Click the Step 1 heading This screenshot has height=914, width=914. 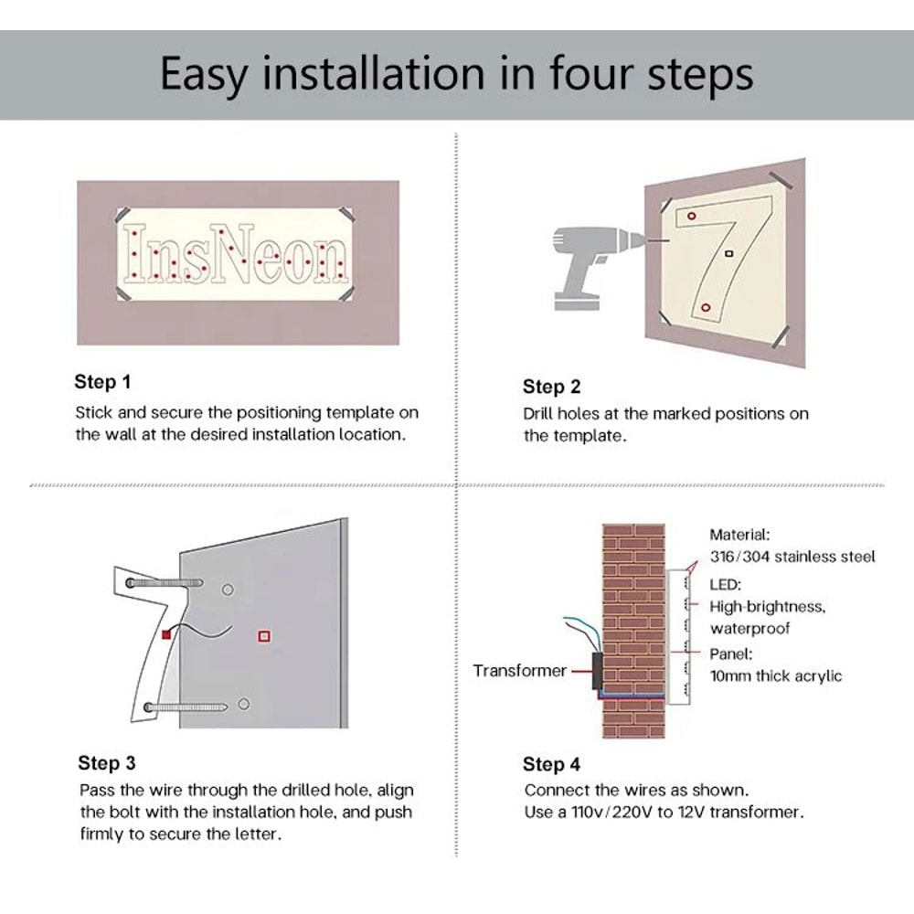coord(102,382)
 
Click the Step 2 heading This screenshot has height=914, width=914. coord(551,387)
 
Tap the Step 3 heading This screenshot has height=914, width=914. coord(107,762)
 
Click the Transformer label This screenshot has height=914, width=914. coord(519,670)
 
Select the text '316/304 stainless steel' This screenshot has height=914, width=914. coord(792,557)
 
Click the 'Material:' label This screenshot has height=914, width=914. coord(739,535)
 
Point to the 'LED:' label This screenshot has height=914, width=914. coord(725,584)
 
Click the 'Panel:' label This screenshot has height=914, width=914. coord(730,654)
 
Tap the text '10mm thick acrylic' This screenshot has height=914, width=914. coord(776,676)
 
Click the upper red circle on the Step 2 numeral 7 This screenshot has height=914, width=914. coord(691,217)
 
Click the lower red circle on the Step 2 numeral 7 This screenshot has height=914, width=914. coord(706,307)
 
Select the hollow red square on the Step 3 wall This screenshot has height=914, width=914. coord(264,636)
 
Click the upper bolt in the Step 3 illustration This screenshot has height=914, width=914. coord(165,583)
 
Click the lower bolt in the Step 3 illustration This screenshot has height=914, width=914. coord(186,707)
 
